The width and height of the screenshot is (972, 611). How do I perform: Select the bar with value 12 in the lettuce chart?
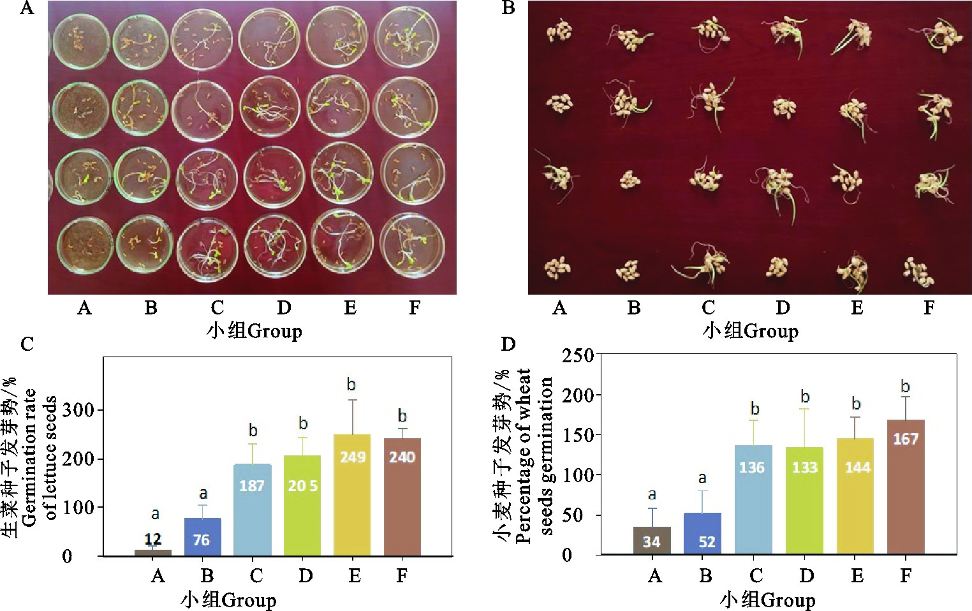[153, 552]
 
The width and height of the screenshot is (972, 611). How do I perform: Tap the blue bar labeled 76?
[202, 537]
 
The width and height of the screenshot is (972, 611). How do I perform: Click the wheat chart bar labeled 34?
[651, 541]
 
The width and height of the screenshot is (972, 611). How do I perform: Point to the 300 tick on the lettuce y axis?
[78, 410]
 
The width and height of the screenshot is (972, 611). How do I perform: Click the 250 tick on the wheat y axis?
[577, 355]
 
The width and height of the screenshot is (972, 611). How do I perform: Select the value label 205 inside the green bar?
[302, 486]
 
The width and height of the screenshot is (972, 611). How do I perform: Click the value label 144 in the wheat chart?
[857, 467]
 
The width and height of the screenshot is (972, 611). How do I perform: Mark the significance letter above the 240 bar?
[402, 416]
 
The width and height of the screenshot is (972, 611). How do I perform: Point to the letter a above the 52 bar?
[702, 478]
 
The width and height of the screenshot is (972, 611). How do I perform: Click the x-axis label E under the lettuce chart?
[354, 576]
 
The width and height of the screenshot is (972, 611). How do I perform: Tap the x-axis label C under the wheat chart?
[756, 576]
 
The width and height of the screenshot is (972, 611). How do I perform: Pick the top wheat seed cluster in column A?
[559, 31]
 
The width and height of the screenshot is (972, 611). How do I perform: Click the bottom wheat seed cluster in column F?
[918, 270]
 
